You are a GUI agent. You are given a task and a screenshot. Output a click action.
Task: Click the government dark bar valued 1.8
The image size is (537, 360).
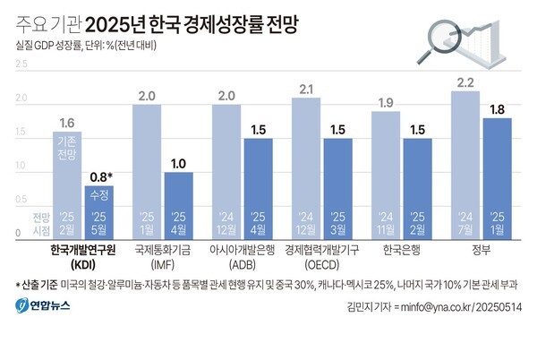497,178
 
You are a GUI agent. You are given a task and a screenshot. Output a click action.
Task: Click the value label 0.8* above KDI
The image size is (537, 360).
99,176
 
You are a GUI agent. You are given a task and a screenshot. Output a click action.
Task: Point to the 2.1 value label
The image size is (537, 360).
306,89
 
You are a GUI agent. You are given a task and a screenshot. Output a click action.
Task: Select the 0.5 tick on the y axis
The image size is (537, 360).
21,200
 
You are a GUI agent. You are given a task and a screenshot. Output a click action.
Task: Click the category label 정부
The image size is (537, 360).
480,251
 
